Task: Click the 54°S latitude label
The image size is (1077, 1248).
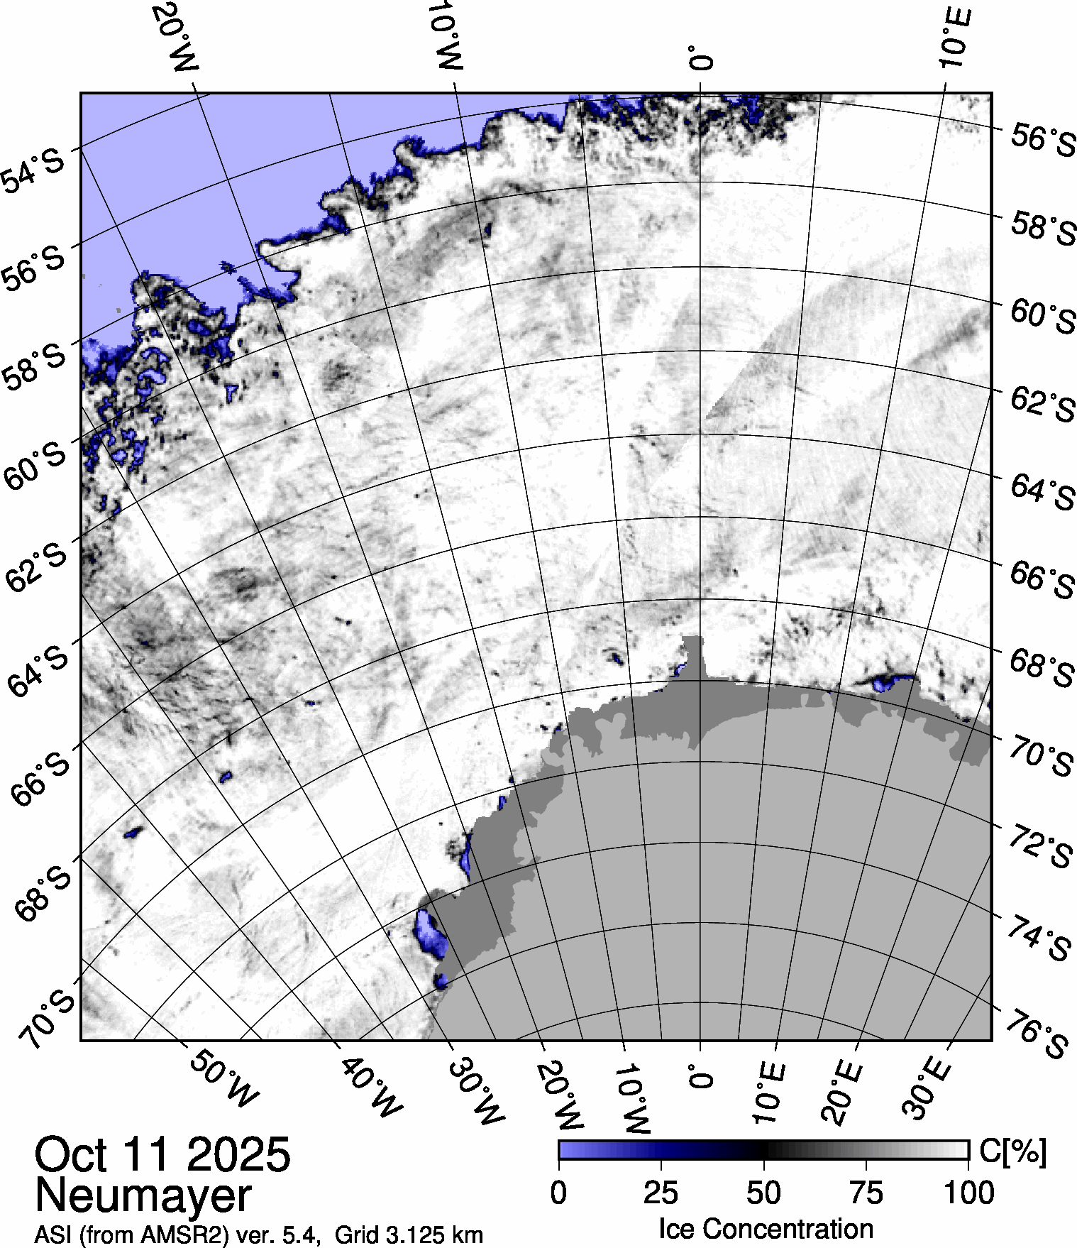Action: pos(33,170)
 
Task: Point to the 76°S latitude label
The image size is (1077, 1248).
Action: pos(1038,1037)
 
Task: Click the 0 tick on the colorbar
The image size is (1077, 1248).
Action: pos(558,1193)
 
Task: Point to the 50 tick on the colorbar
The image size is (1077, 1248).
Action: pos(764,1193)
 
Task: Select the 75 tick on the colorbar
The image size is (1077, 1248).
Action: pos(866,1193)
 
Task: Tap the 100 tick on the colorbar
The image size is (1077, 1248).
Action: pos(969,1193)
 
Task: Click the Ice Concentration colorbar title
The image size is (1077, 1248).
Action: pos(766,1228)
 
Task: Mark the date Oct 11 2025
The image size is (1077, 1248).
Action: pos(162,1154)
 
